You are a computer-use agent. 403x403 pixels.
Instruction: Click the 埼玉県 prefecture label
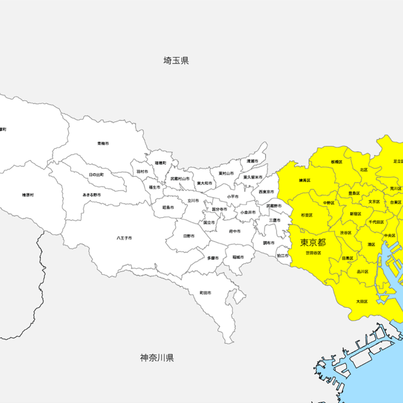[176, 61]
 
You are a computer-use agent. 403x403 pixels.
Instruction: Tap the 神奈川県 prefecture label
[157, 358]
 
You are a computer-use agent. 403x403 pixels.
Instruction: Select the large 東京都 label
[313, 242]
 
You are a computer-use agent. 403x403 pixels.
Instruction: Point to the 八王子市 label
[124, 237]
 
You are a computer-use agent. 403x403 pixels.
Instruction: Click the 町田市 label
[205, 293]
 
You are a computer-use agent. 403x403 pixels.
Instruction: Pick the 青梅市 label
[103, 144]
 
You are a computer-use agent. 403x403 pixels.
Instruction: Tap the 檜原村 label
[28, 194]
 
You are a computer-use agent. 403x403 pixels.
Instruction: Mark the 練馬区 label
[305, 180]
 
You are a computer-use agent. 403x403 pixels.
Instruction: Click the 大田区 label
[362, 301]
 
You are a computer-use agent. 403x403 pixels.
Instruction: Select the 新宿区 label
[356, 214]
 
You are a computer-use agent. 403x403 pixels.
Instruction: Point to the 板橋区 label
[337, 162]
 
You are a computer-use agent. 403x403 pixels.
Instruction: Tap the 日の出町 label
[96, 174]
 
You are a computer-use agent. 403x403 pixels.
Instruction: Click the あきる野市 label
[92, 194]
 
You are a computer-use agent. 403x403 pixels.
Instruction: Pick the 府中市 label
[233, 231]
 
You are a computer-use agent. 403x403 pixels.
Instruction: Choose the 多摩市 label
[213, 258]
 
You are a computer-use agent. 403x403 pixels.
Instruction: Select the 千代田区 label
[376, 222]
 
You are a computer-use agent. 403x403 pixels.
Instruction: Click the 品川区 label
[363, 271]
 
